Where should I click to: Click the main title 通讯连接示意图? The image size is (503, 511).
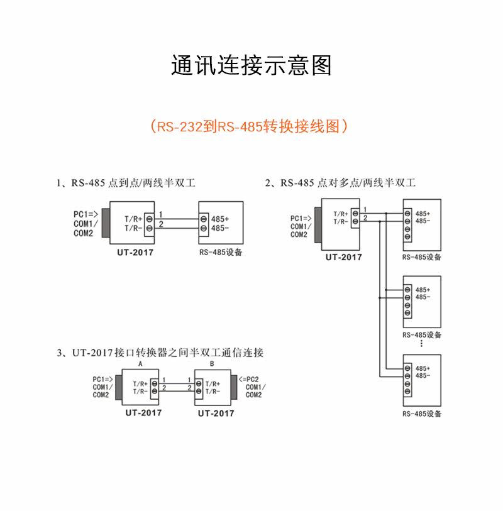tap(251, 65)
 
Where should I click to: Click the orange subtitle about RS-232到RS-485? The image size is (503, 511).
tap(249, 126)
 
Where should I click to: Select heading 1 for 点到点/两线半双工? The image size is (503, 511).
tap(126, 182)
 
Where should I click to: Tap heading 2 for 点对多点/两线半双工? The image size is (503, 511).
tap(340, 182)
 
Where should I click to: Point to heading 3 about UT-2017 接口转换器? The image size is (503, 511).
tap(160, 353)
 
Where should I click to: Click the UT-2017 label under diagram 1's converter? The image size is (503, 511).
tap(135, 252)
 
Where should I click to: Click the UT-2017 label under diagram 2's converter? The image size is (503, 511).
tap(343, 257)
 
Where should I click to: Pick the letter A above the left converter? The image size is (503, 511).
tap(140, 364)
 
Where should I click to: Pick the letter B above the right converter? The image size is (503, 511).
tap(212, 364)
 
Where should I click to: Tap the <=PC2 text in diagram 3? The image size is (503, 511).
tap(249, 380)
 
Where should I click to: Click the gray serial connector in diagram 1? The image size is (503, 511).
tap(106, 223)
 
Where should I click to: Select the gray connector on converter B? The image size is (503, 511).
tap(234, 387)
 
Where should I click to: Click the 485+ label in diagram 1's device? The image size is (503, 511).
tap(220, 219)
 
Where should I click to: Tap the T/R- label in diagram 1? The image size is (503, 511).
tap(133, 228)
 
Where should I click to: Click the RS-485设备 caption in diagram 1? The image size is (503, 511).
tap(221, 252)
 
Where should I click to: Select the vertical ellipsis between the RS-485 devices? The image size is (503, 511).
tap(421, 343)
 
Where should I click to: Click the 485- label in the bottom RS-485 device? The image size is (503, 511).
tap(423, 376)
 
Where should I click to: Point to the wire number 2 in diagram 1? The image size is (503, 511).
tap(161, 224)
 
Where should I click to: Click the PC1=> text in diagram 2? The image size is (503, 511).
tap(301, 218)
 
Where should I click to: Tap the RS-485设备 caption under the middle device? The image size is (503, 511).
tap(422, 335)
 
